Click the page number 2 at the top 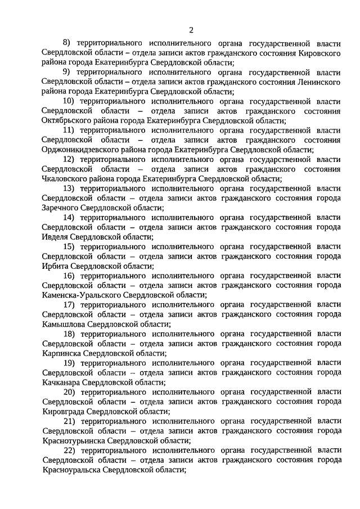coord(191,30)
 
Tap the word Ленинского coord(319,82)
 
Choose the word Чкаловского coord(64,178)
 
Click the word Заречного coord(60,208)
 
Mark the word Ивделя coord(55,237)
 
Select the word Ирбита coord(55,266)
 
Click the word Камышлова coord(63,325)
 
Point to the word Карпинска coord(61,354)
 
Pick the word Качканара coord(61,383)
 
